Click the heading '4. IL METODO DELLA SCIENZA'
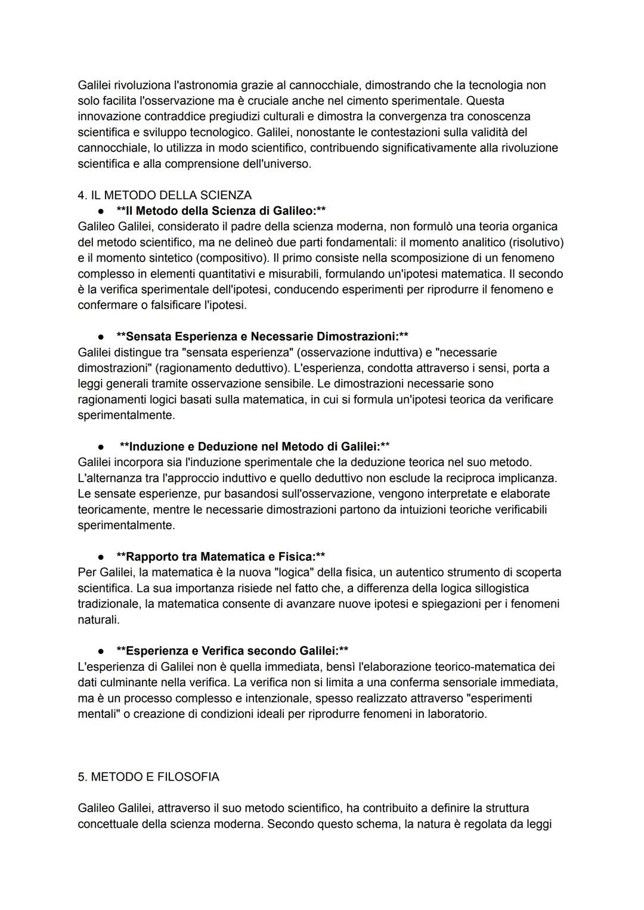tap(165, 195)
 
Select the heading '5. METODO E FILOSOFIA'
tap(148, 776)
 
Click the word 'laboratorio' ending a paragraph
tap(456, 714)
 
